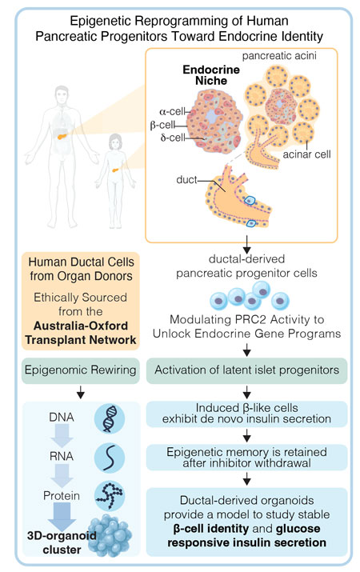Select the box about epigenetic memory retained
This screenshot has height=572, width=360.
pyautogui.click(x=248, y=456)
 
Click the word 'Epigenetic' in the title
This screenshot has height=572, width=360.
pyautogui.click(x=107, y=20)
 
